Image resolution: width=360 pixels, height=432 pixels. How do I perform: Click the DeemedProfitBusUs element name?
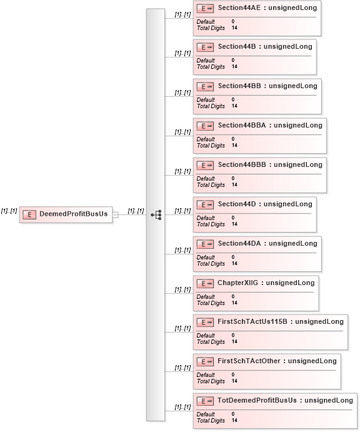[74, 214]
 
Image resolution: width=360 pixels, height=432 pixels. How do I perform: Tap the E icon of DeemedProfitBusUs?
[29, 214]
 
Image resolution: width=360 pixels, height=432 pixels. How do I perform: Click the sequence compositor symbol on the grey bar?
[156, 214]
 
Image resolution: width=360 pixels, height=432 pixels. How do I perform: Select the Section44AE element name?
[239, 8]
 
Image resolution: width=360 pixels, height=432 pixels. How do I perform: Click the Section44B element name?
[237, 46]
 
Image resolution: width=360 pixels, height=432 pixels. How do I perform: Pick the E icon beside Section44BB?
[205, 86]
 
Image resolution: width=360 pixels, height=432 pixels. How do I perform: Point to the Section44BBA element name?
[242, 126]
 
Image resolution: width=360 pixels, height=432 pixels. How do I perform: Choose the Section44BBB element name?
[242, 165]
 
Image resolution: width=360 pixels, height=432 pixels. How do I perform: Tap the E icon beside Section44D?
[205, 204]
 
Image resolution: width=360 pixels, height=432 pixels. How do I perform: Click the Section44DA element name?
[239, 244]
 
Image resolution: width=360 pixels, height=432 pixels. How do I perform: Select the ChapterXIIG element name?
[237, 283]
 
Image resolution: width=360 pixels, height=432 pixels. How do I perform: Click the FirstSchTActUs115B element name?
[252, 321]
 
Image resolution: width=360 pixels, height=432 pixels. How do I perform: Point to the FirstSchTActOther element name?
[249, 361]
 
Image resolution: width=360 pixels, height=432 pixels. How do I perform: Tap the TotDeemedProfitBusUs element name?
[257, 400]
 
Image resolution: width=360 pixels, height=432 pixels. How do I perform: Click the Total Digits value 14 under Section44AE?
[234, 28]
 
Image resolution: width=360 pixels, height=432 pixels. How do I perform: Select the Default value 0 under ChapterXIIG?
[233, 296]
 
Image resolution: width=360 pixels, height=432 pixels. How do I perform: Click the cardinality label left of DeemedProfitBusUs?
[9, 211]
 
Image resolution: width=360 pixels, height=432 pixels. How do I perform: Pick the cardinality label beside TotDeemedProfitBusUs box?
[182, 407]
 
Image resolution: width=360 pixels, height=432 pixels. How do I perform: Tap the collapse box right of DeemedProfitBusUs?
[116, 214]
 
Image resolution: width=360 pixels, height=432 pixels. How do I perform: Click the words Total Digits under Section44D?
[211, 224]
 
